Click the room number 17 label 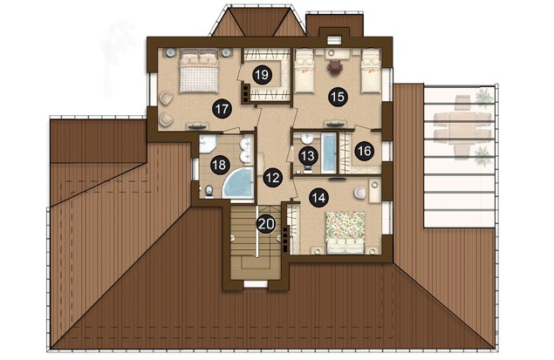[x=222, y=109]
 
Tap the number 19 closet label [x=262, y=75]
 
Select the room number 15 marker [x=339, y=97]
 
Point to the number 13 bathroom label [x=308, y=155]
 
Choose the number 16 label [x=365, y=151]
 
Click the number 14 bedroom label [x=318, y=198]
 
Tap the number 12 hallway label [x=273, y=178]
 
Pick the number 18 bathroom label [x=220, y=165]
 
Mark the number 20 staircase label [x=266, y=223]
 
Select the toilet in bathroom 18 [x=209, y=190]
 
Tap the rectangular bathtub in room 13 [x=329, y=153]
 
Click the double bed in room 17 [x=198, y=70]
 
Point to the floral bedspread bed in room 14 [x=345, y=232]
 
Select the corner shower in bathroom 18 [x=207, y=144]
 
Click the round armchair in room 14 [x=360, y=192]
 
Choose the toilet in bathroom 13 [x=307, y=167]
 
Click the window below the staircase [x=256, y=284]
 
